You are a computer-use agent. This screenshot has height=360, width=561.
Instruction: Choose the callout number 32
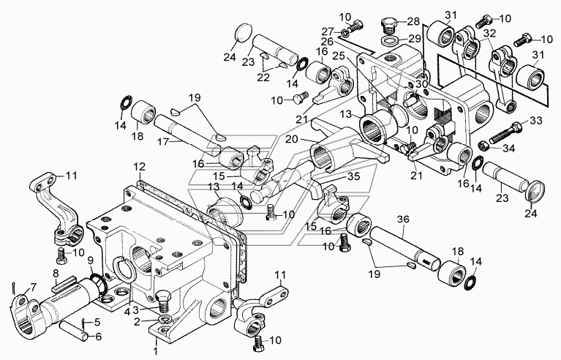coord(489,33)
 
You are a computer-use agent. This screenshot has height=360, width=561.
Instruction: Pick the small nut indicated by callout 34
coord(483,146)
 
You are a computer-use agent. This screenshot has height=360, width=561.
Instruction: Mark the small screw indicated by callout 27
coord(355,29)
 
